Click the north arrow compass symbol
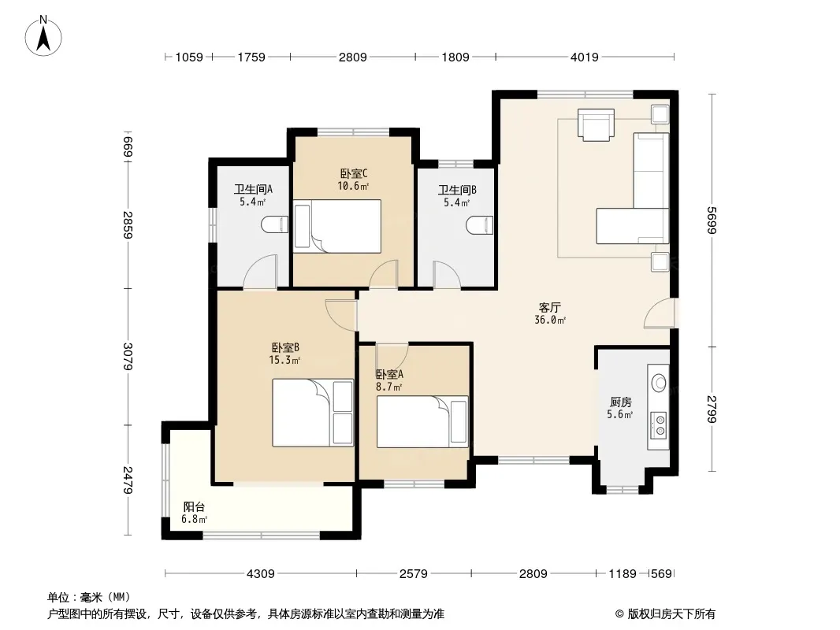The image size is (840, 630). pyautogui.click(x=43, y=36)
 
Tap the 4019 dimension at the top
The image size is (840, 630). pyautogui.click(x=584, y=57)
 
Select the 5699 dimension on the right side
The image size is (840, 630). pyautogui.click(x=712, y=220)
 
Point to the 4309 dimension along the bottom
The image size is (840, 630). pyautogui.click(x=260, y=574)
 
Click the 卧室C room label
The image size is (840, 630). pyautogui.click(x=354, y=173)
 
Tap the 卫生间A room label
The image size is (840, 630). pyautogui.click(x=253, y=189)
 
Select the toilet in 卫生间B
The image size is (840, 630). pyautogui.click(x=479, y=224)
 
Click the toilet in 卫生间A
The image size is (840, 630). pyautogui.click(x=275, y=224)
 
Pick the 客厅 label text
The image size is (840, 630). pyautogui.click(x=550, y=308)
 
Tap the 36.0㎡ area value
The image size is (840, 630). pyautogui.click(x=550, y=320)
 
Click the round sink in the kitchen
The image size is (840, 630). pyautogui.click(x=659, y=384)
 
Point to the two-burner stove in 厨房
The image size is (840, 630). pyautogui.click(x=659, y=425)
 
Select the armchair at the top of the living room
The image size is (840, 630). pyautogui.click(x=596, y=124)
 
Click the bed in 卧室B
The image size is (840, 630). pyautogui.click(x=313, y=413)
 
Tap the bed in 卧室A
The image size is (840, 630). pyautogui.click(x=422, y=421)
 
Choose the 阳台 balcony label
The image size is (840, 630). pyautogui.click(x=194, y=506)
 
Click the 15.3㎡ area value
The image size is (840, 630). pyautogui.click(x=285, y=360)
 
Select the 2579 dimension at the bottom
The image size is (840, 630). pyautogui.click(x=414, y=574)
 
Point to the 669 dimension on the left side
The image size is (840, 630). pyautogui.click(x=128, y=147)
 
